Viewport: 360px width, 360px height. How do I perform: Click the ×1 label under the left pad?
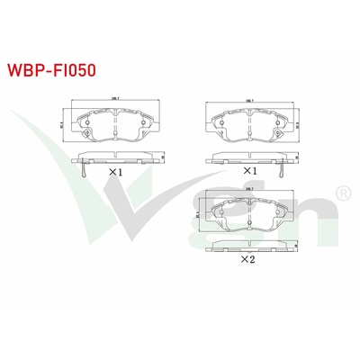(x=115, y=171)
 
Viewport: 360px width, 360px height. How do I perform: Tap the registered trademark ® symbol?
(x=342, y=193)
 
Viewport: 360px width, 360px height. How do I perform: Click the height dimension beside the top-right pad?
(x=297, y=126)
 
